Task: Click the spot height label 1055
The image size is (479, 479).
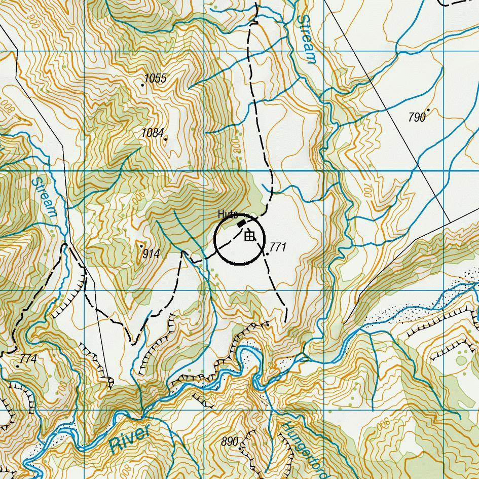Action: pyautogui.click(x=156, y=78)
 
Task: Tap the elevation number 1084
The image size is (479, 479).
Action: pyautogui.click(x=153, y=133)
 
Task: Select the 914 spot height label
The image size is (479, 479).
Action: pyautogui.click(x=151, y=254)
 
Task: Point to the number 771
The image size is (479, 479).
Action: pyautogui.click(x=278, y=247)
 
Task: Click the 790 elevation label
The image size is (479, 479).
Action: pyautogui.click(x=417, y=118)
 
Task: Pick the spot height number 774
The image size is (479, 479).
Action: pyautogui.click(x=28, y=359)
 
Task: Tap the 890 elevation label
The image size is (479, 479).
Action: pyautogui.click(x=230, y=442)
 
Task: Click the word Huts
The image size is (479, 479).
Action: pyautogui.click(x=228, y=214)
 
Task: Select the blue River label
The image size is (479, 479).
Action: pyautogui.click(x=130, y=439)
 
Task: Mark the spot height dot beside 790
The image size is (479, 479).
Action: pyautogui.click(x=428, y=109)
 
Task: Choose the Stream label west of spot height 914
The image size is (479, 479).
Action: pyautogui.click(x=44, y=197)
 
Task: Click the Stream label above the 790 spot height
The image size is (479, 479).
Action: pyautogui.click(x=308, y=39)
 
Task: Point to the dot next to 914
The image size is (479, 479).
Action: pyautogui.click(x=141, y=246)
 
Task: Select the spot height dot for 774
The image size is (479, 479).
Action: pyautogui.click(x=18, y=366)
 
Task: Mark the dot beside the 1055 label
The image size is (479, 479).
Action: pyautogui.click(x=143, y=85)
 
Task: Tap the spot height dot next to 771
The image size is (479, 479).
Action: pyautogui.click(x=267, y=253)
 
